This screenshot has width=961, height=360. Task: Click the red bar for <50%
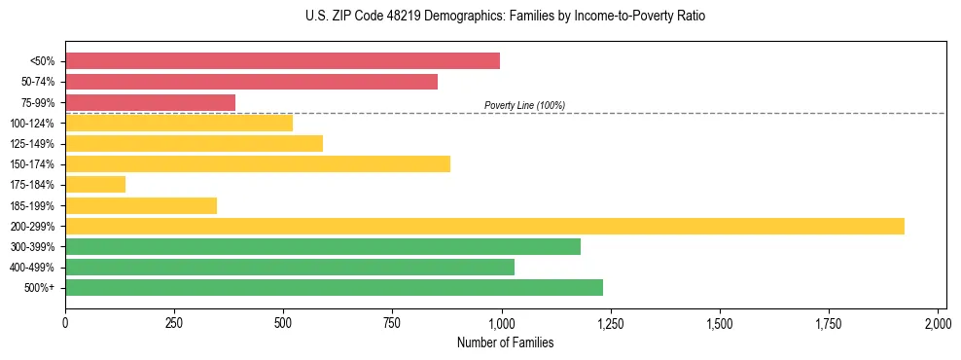(282, 61)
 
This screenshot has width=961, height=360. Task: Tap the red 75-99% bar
(150, 102)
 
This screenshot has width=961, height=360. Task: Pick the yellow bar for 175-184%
(95, 184)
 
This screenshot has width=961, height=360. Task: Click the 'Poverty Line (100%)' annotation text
(524, 105)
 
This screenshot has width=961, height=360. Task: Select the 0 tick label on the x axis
(65, 322)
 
